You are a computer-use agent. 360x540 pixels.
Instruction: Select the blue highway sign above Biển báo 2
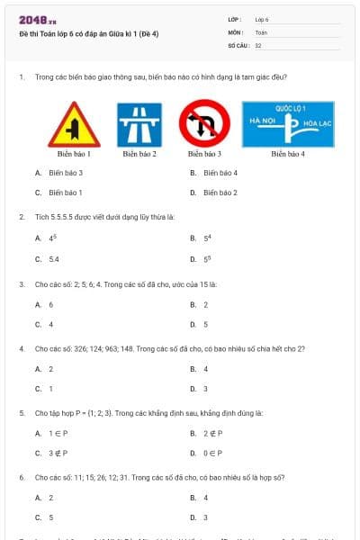click(139, 124)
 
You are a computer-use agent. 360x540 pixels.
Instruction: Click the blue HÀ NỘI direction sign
click(288, 124)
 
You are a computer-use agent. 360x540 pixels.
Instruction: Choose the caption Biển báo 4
click(288, 154)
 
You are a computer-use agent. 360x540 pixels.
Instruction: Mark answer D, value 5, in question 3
click(206, 324)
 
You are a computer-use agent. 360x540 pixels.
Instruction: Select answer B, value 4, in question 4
click(206, 369)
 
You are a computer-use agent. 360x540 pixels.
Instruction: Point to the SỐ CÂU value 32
click(258, 44)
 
